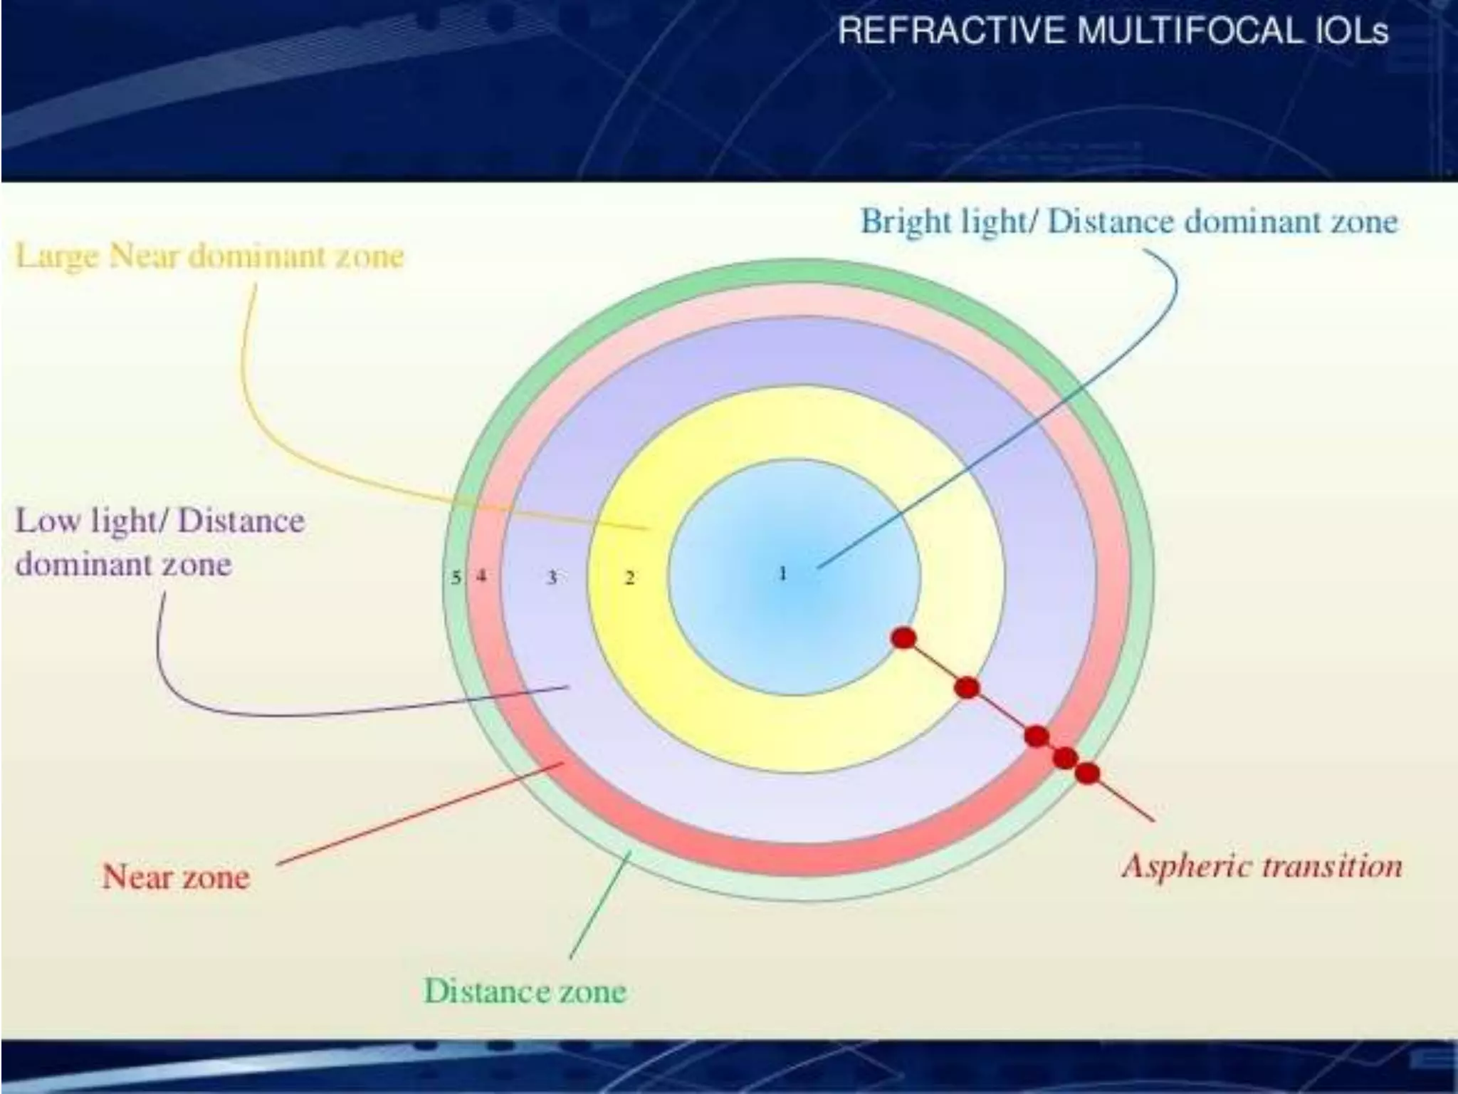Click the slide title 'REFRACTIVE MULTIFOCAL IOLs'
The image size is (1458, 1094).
click(1113, 31)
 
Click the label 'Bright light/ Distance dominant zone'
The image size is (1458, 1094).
click(1129, 222)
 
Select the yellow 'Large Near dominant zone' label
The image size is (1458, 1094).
click(209, 256)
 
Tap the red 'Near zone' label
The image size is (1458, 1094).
click(176, 876)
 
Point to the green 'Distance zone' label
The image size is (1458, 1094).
click(525, 991)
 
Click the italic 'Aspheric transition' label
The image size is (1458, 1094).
click(1262, 867)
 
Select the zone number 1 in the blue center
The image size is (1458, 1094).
click(782, 573)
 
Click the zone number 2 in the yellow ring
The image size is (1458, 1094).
click(629, 578)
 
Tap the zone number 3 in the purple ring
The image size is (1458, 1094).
click(552, 578)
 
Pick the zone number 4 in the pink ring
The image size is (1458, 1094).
click(482, 576)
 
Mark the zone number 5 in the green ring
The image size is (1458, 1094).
click(456, 577)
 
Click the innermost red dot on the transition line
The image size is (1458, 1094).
click(903, 638)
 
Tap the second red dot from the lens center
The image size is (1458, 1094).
click(967, 688)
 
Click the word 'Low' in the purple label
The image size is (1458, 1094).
click(46, 521)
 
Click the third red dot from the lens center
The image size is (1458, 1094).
click(1037, 736)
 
